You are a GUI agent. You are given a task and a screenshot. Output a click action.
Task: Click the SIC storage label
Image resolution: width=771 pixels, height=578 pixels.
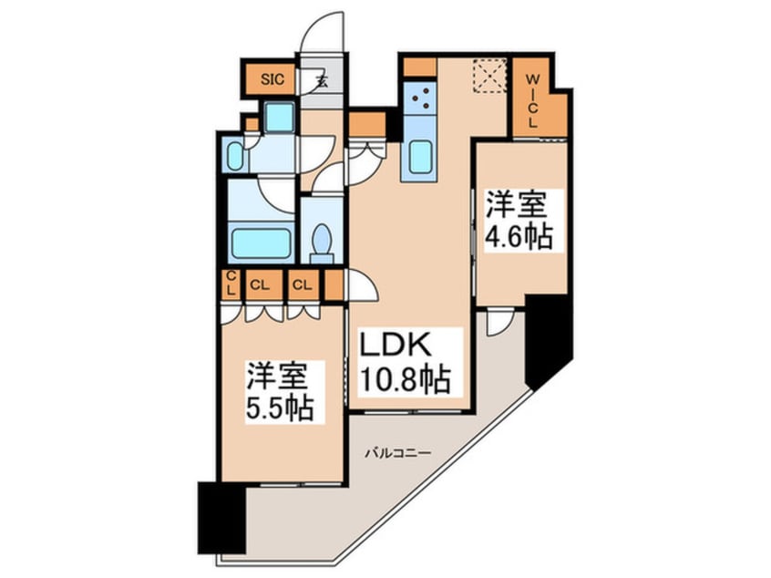[272, 79]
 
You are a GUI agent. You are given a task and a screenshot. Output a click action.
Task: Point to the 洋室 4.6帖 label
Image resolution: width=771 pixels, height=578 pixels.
[519, 220]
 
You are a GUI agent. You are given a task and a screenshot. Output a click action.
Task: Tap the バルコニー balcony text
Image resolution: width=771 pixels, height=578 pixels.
[397, 452]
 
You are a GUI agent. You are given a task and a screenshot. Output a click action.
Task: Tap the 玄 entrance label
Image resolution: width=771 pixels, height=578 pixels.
[323, 79]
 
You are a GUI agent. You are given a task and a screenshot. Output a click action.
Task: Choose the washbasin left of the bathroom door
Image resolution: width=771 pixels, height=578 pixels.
[235, 157]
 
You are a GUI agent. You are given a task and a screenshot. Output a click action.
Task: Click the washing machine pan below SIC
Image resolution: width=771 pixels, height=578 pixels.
[279, 116]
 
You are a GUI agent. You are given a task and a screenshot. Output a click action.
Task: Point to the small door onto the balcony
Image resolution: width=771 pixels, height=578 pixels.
[499, 322]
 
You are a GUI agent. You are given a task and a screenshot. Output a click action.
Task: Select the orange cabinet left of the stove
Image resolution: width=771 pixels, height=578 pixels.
[418, 67]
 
